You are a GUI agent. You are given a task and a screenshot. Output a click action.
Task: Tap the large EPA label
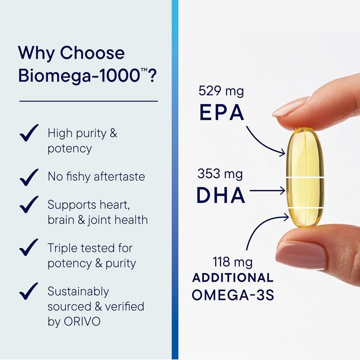point(221,113)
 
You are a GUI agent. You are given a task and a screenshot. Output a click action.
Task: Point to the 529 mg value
point(221,91)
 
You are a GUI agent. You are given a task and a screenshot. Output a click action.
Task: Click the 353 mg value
point(220,173)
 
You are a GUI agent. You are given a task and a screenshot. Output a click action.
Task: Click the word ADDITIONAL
point(233,277)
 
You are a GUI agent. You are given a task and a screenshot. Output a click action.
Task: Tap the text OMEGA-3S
point(232,295)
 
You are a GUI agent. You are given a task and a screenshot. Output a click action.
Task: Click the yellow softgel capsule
point(305,178)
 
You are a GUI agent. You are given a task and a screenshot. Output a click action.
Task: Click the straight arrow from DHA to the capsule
point(267,191)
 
